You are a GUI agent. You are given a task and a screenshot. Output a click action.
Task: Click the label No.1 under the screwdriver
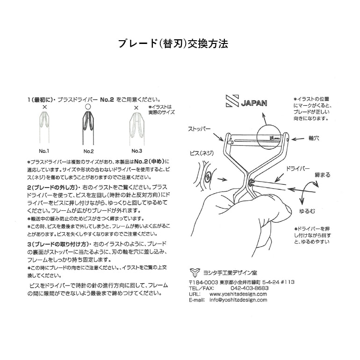pos(44,151)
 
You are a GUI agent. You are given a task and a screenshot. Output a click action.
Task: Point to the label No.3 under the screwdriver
pos(136,151)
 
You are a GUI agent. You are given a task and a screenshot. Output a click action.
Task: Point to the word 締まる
pos(322,175)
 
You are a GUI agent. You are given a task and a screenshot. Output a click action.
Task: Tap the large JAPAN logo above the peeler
pos(246,101)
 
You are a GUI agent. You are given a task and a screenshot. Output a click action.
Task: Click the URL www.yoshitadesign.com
pos(238,294)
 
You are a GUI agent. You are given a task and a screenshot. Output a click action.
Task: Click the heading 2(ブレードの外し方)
pos(51,187)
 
